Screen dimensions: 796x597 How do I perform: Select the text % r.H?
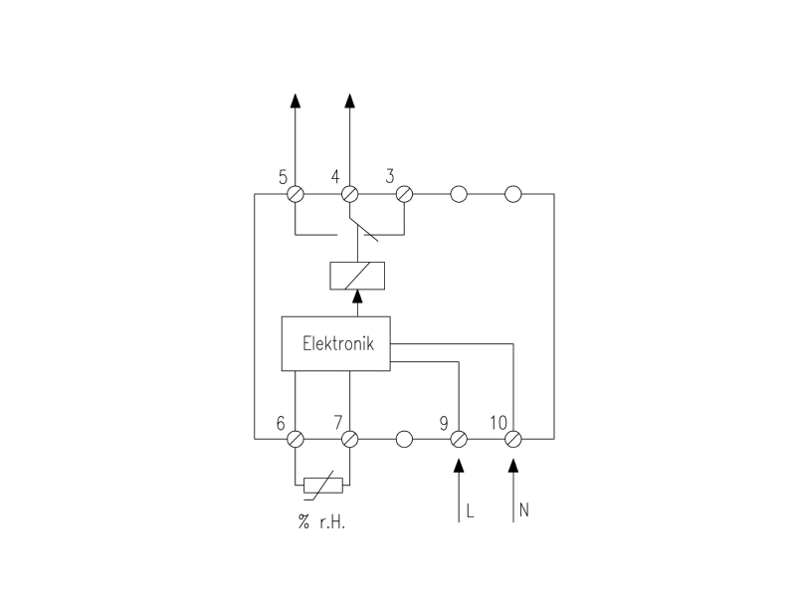pos(321,521)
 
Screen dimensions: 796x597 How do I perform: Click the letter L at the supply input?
pos(470,510)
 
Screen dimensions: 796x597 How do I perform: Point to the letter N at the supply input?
pos(524,509)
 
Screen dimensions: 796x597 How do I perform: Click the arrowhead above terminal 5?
pos(296,100)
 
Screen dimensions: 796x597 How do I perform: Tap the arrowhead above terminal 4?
pos(349,100)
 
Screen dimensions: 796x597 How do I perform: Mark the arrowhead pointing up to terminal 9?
pos(459,466)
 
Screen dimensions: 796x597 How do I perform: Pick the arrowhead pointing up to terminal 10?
pos(513,466)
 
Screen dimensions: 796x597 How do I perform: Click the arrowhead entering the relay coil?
pos(357,297)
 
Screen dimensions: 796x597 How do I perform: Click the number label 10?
pos(498,422)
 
